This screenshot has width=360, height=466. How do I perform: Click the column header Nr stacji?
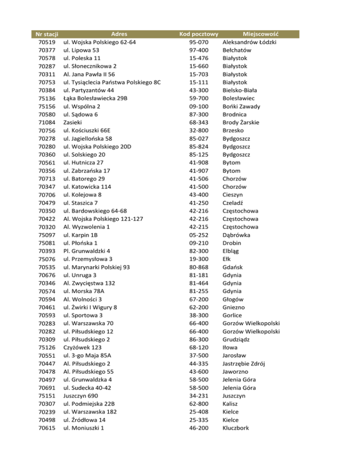pyautogui.click(x=46, y=34)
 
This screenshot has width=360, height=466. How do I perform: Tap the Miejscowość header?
pyautogui.click(x=261, y=34)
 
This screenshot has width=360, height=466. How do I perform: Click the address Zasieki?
pyautogui.click(x=74, y=122)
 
